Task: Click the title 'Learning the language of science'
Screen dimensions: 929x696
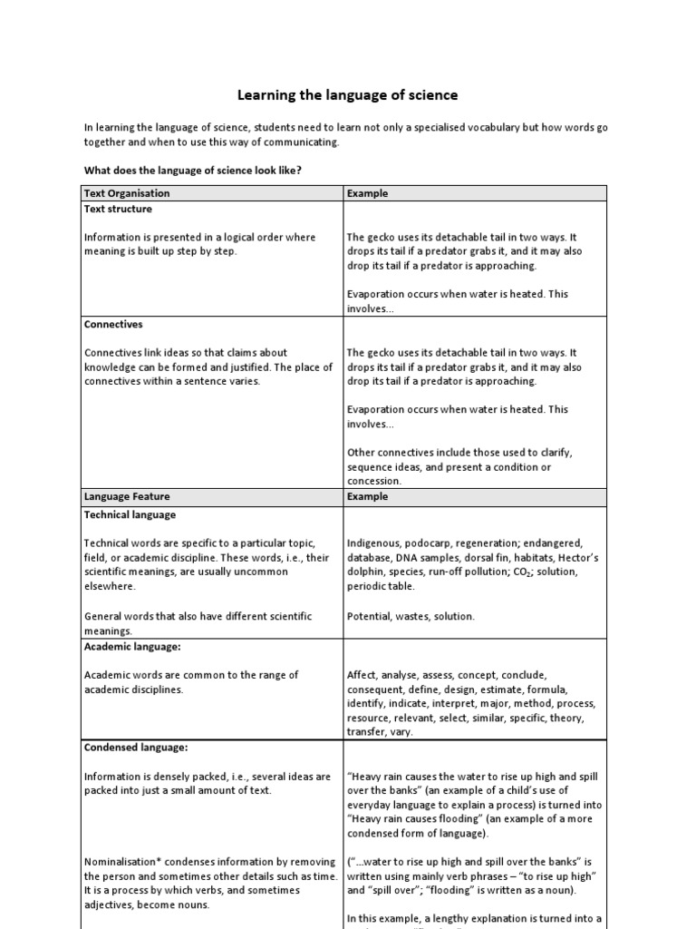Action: tap(347, 94)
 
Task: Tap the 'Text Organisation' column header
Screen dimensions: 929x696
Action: tap(127, 193)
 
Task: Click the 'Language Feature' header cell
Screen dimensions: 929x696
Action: tap(127, 496)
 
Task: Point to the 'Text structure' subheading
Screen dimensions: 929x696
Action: tap(118, 209)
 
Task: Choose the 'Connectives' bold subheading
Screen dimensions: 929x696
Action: tap(113, 324)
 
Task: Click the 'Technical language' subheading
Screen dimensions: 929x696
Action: tap(130, 514)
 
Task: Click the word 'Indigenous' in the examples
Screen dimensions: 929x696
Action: tap(374, 543)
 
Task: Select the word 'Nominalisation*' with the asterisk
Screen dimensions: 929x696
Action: tap(121, 861)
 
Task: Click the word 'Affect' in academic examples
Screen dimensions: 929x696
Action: tap(362, 675)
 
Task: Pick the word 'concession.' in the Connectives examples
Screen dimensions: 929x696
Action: tap(374, 481)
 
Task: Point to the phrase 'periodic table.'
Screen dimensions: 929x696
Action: tap(381, 586)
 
